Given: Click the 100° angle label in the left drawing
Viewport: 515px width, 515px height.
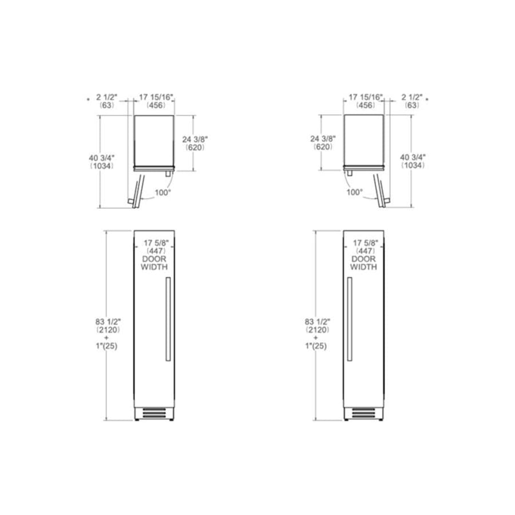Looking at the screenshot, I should pos(163,193).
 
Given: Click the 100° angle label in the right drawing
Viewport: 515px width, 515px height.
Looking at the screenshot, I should pos(354,193).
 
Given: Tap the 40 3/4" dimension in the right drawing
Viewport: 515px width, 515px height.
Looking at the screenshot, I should pos(413,156).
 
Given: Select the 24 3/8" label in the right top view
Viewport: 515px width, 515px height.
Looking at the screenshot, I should pos(323,138).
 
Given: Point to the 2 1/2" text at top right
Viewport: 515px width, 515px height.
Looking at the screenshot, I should pos(412,97).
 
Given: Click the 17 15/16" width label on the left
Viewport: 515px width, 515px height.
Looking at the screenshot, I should pos(157,97).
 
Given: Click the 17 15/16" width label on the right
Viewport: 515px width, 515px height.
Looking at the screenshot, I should pos(366,97).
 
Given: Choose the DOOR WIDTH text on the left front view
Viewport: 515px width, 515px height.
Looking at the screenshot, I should pos(154,263).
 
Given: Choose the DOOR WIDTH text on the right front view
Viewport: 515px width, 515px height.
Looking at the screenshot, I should pos(365,263).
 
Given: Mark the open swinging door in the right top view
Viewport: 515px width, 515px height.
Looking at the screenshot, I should pos(380,192).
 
